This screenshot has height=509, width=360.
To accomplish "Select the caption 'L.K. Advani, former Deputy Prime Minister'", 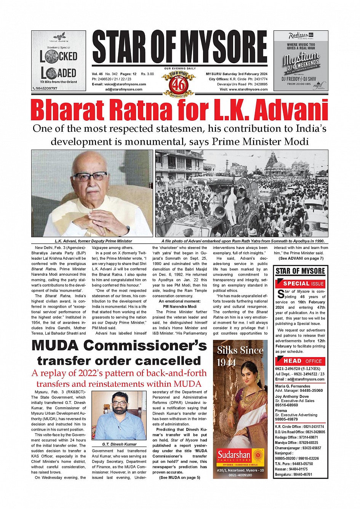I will [x=93, y=241].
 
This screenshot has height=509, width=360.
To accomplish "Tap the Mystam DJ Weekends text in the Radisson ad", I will [x=301, y=61].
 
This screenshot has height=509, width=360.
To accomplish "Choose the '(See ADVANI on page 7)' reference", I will [x=301, y=258].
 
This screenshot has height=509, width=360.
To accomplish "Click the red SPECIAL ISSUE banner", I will [x=300, y=284].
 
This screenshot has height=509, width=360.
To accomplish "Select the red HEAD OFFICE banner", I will [x=300, y=361].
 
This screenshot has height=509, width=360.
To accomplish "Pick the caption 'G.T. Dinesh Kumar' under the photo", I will [x=119, y=444].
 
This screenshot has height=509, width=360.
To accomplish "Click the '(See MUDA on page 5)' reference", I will [x=179, y=477].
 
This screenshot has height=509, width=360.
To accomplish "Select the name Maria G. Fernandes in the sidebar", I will [x=293, y=386].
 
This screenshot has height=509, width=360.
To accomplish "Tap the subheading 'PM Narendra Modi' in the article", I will [x=179, y=306].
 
